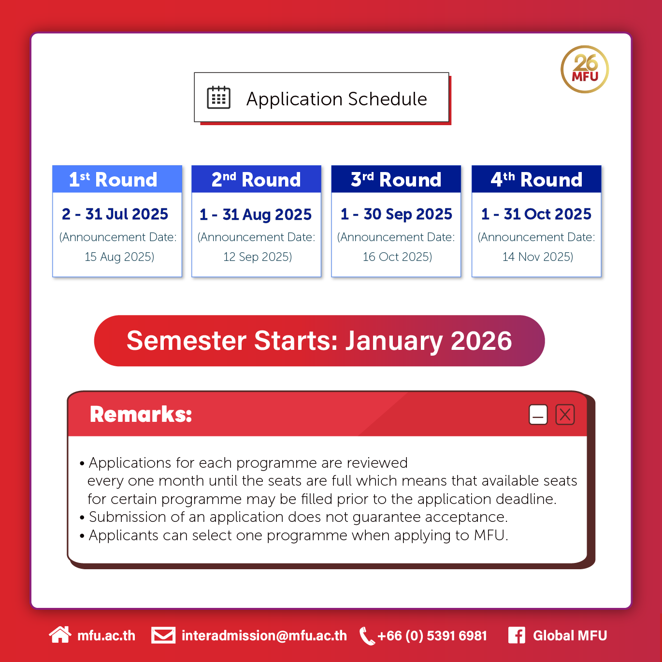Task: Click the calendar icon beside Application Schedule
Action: [218, 98]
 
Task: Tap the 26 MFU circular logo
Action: [584, 70]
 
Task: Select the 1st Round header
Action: [117, 179]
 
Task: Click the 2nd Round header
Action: [256, 179]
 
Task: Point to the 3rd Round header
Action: [396, 179]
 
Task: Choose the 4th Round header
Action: [536, 179]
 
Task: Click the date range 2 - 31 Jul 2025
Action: [115, 214]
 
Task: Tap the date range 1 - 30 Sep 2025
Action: [396, 214]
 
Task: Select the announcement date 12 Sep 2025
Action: [258, 257]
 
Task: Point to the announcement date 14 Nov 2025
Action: [538, 257]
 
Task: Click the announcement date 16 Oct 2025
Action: [398, 257]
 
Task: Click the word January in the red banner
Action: [394, 341]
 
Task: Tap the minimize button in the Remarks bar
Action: [538, 414]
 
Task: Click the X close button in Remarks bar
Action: [565, 414]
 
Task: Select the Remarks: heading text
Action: [141, 414]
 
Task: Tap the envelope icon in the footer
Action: [163, 635]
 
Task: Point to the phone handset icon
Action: [367, 636]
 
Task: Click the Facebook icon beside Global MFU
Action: [517, 635]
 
